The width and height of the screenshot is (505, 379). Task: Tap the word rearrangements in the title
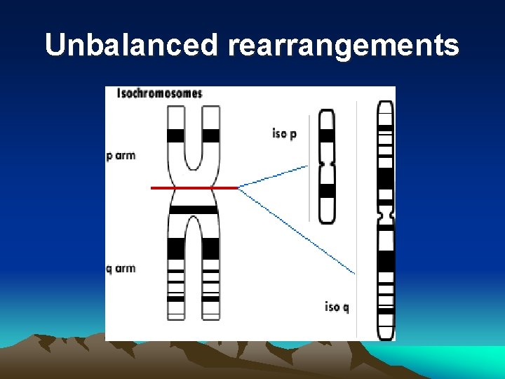click(x=343, y=46)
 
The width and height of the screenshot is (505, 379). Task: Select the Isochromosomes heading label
click(x=160, y=93)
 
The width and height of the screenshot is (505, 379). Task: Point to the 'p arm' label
click(x=121, y=156)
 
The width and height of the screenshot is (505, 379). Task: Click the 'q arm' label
click(x=121, y=269)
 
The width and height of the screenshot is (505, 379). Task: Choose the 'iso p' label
click(x=284, y=133)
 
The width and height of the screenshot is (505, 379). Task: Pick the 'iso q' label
click(x=337, y=307)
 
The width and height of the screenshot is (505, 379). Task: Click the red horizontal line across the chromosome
click(x=194, y=188)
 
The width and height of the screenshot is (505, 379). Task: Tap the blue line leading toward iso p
click(x=274, y=176)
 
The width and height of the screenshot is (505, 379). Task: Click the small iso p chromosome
click(x=327, y=166)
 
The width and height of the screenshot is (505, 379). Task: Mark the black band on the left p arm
click(x=176, y=135)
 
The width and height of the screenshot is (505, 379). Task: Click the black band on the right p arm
click(x=211, y=135)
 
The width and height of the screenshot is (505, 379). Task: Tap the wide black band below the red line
click(x=194, y=210)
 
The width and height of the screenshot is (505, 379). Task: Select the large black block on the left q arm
click(x=176, y=248)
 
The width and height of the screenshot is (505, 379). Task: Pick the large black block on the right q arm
click(x=211, y=248)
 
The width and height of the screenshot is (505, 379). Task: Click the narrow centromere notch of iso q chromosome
click(x=386, y=211)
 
